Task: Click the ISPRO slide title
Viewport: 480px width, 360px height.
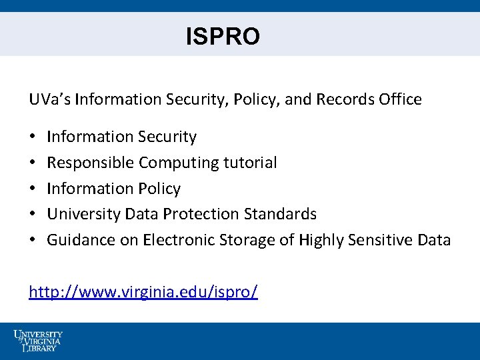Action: pyautogui.click(x=223, y=37)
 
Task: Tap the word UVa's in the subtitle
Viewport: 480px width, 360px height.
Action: pyautogui.click(x=50, y=99)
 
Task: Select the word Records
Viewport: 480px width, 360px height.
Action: pyautogui.click(x=343, y=99)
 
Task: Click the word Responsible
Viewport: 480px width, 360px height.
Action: pyautogui.click(x=91, y=163)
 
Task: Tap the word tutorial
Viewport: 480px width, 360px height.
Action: pyautogui.click(x=251, y=163)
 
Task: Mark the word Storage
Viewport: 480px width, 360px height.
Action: pyautogui.click(x=248, y=240)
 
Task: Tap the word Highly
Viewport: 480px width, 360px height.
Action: pyautogui.click(x=321, y=240)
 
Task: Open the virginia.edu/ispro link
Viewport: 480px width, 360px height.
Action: pyautogui.click(x=143, y=292)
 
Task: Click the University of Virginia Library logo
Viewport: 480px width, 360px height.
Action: pyautogui.click(x=38, y=341)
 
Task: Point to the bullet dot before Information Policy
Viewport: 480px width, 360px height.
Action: pyautogui.click(x=33, y=189)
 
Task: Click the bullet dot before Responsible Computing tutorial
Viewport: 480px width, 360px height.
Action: pyautogui.click(x=33, y=163)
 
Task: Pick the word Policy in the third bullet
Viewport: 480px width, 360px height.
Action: pyautogui.click(x=159, y=189)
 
